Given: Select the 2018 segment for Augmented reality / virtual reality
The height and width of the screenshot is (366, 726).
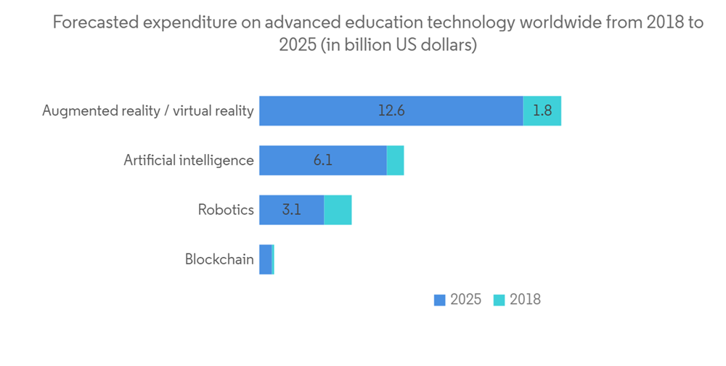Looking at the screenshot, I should point(542,110).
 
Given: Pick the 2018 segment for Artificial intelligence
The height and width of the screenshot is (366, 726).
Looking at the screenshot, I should point(395,160).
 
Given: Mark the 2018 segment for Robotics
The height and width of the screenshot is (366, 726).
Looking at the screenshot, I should point(338,210).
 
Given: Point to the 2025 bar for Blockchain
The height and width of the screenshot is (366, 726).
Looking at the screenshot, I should point(265,259).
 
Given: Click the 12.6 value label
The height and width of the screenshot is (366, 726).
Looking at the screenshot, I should point(391,110).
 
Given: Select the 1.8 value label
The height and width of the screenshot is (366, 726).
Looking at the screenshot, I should point(542,110).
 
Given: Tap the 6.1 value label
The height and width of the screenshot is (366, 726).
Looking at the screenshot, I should point(322,160).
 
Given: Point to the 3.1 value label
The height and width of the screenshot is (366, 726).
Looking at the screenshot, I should point(292,210).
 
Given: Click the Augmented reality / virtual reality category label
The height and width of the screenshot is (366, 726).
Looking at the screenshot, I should point(148,110).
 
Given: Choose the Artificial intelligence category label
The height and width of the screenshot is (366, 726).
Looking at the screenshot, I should point(189,160).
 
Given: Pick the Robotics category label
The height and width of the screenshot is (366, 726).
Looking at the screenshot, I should point(226,210).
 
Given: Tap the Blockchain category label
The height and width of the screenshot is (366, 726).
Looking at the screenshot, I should point(219,259).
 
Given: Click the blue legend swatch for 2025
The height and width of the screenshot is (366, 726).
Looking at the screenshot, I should point(439,300).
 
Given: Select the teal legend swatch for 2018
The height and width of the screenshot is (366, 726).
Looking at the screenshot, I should point(499,300).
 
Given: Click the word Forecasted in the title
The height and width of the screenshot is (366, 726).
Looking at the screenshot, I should point(94,23).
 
